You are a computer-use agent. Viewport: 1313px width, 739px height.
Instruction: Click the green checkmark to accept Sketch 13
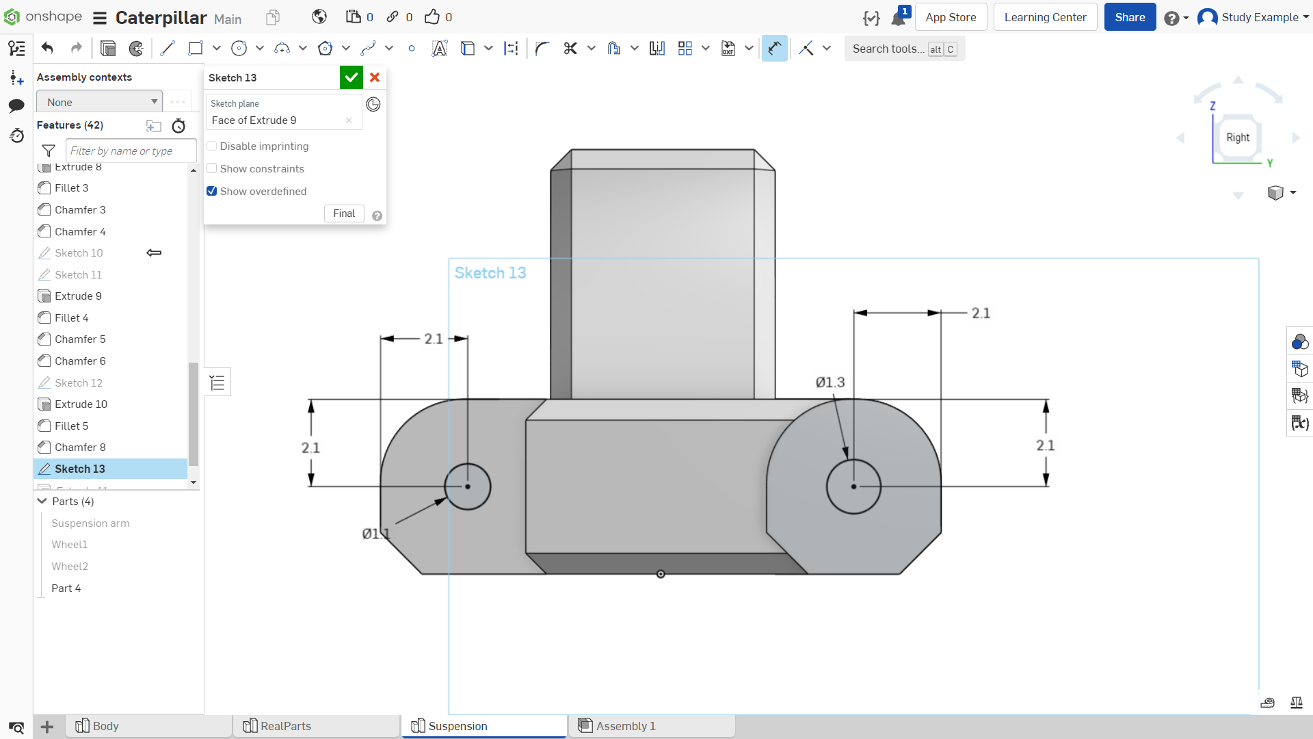point(351,77)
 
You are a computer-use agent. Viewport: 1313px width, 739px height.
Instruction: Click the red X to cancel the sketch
point(375,77)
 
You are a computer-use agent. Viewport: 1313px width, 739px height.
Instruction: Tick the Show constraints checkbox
point(212,168)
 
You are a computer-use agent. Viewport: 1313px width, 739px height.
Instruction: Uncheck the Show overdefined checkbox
point(212,191)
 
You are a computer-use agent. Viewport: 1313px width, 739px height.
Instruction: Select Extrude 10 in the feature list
point(81,404)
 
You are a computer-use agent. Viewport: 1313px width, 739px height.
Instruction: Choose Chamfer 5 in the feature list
point(80,339)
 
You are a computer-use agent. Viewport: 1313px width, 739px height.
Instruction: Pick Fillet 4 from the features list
point(71,317)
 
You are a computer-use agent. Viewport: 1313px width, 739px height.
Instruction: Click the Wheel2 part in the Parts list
point(70,566)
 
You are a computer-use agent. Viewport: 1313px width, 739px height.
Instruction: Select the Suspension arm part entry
point(90,523)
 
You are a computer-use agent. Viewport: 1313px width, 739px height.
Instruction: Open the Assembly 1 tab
point(625,726)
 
